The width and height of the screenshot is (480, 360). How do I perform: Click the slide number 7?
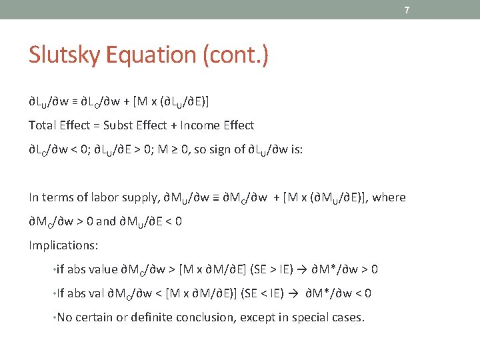(406, 10)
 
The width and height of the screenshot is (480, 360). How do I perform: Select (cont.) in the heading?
(237, 55)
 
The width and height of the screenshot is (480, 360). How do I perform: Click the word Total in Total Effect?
(42, 125)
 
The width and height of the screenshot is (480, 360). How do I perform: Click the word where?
(389, 197)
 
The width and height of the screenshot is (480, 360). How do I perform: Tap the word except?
(257, 317)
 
